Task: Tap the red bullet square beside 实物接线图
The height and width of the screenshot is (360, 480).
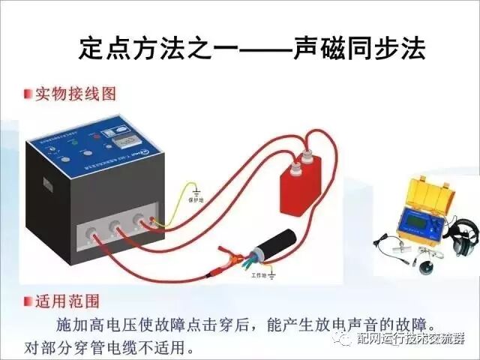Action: (x=27, y=94)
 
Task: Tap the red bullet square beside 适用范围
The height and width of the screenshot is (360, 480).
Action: (x=27, y=303)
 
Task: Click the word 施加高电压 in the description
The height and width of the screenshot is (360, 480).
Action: (x=91, y=328)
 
